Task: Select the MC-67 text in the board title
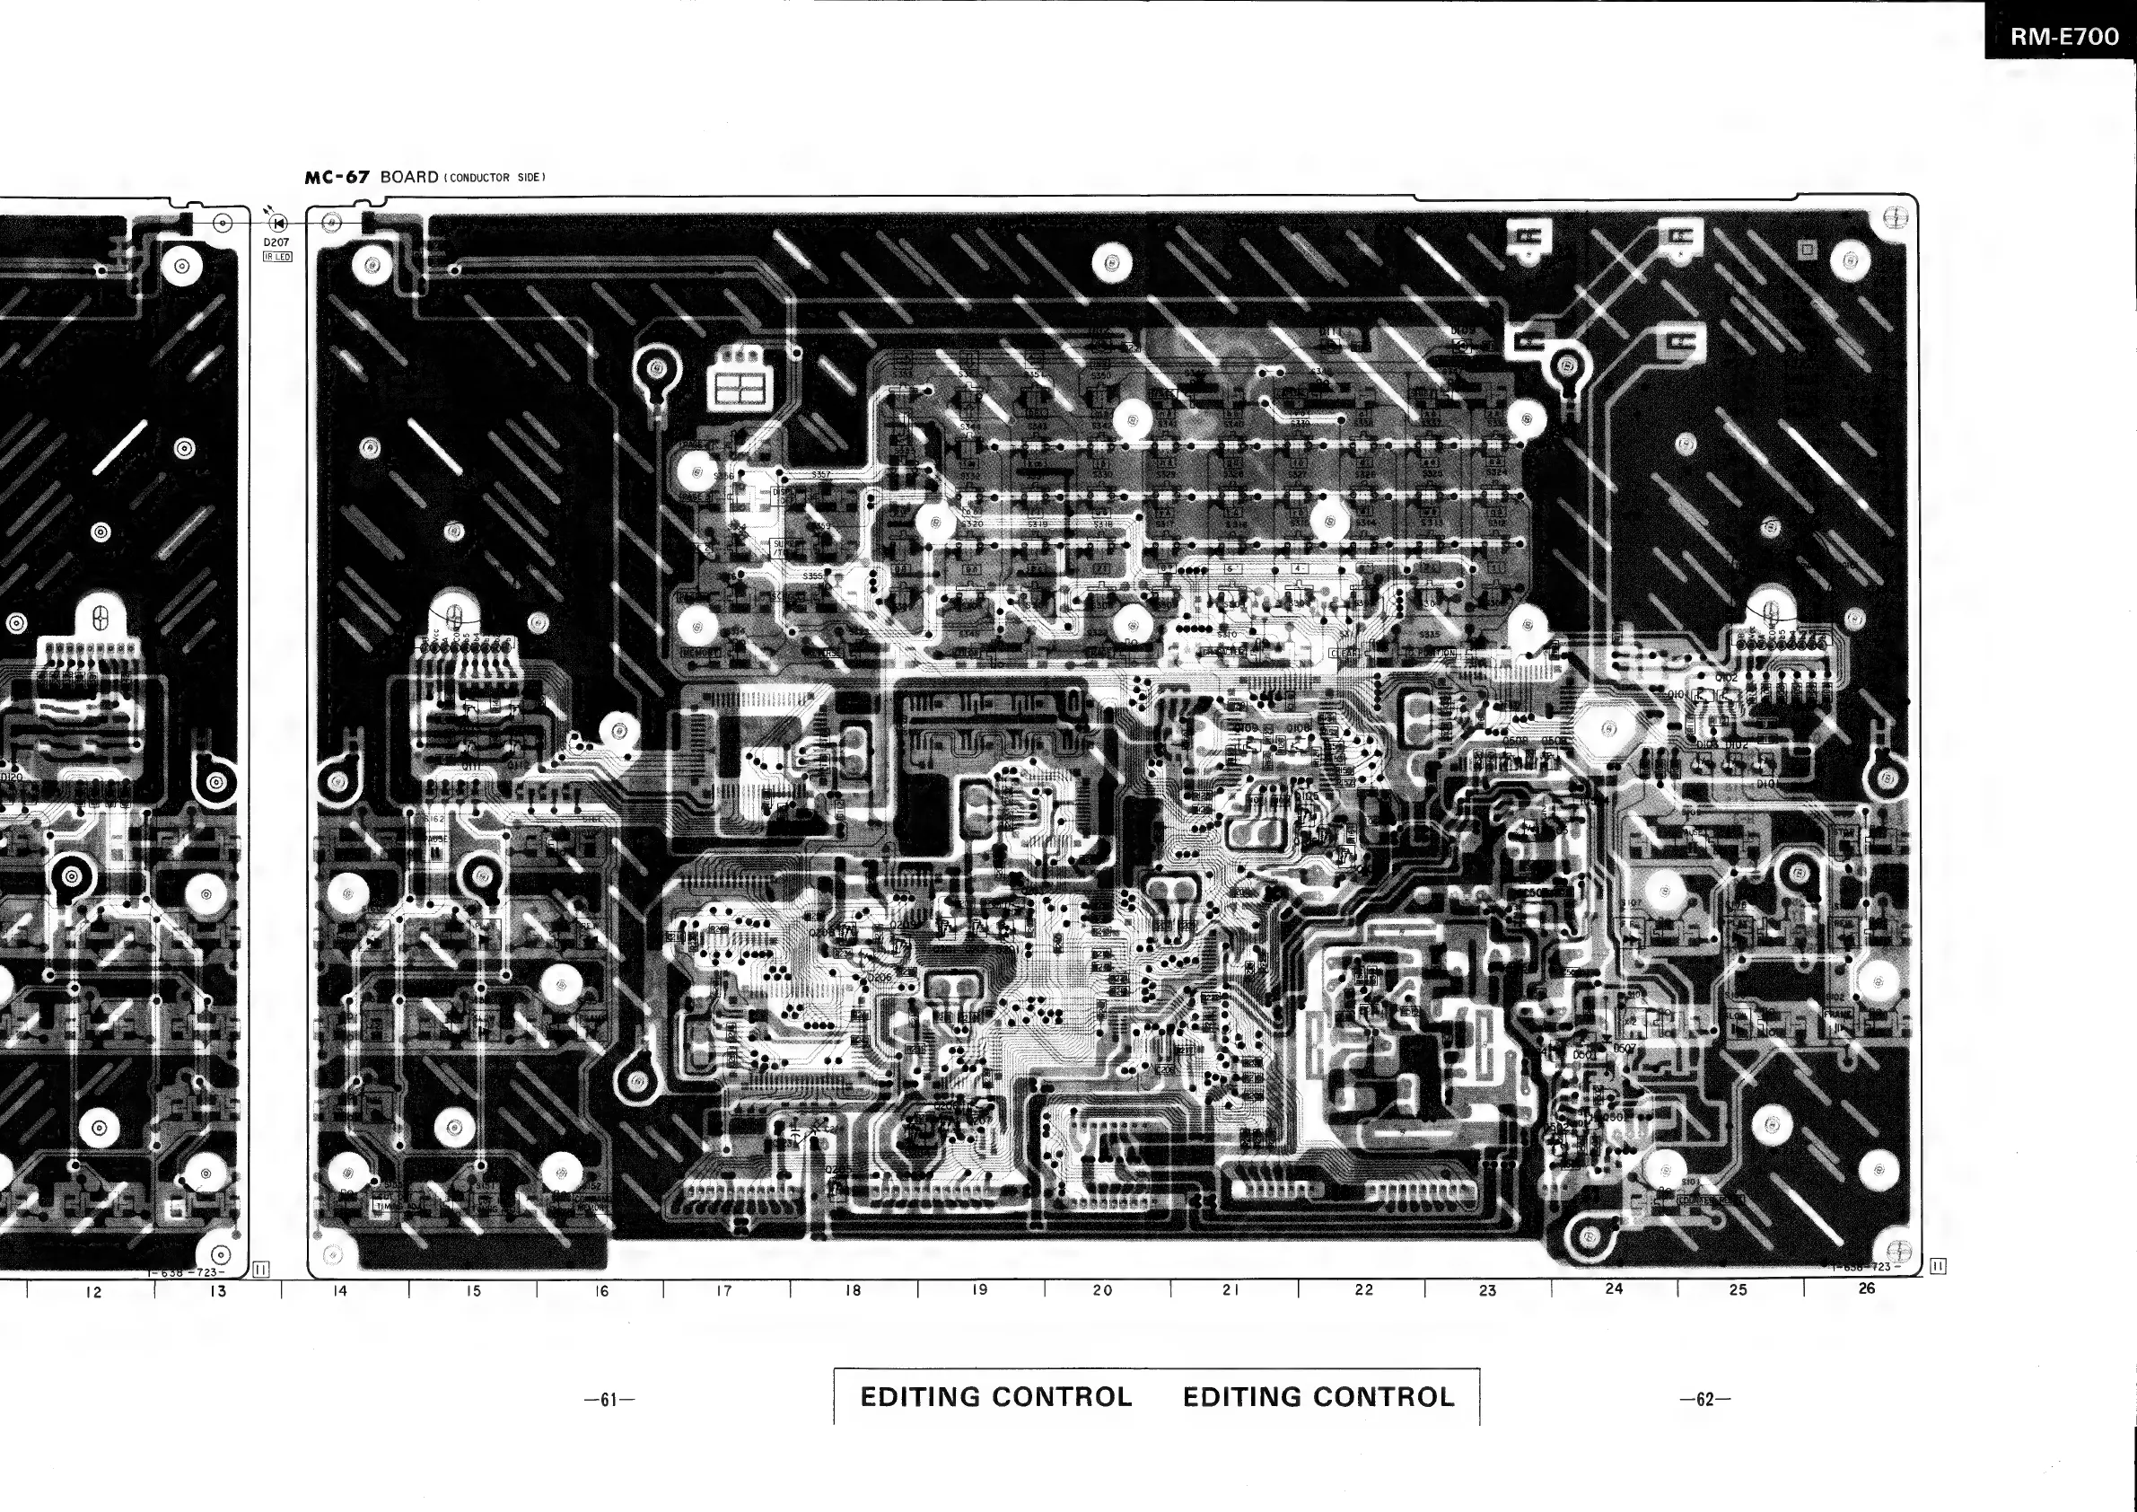(337, 177)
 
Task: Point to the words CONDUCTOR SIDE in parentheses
(494, 178)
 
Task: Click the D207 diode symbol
(277, 223)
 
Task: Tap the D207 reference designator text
(276, 242)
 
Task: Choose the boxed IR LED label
(277, 256)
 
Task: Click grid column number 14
(341, 1290)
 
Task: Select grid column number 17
(724, 1290)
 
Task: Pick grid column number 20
(1103, 1290)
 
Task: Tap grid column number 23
(1487, 1290)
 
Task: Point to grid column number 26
(1866, 1288)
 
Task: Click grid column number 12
(93, 1292)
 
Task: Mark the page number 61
(609, 1400)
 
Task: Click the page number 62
(1705, 1400)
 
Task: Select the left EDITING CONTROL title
(996, 1397)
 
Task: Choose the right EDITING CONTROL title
(1318, 1397)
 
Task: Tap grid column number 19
(979, 1290)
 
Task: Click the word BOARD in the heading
(408, 177)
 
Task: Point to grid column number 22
(1363, 1290)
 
